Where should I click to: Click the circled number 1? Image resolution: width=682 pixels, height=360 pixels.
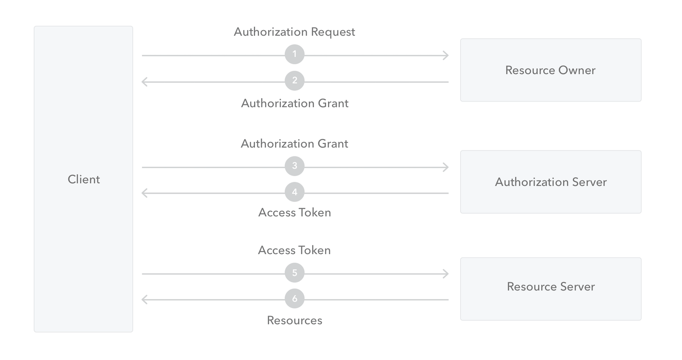coord(295,55)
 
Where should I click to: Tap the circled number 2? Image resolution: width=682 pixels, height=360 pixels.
coord(295,81)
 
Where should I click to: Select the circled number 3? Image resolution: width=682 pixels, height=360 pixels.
coord(295,166)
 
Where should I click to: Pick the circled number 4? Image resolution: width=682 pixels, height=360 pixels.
coord(295,192)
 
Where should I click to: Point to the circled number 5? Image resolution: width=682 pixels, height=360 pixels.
coord(295,273)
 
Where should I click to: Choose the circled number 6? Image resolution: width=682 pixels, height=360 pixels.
coord(295,299)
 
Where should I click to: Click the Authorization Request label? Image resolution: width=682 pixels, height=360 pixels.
coord(294,32)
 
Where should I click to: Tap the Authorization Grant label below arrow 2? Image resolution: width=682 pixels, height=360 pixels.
coord(295,104)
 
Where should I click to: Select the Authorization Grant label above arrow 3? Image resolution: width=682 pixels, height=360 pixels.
coord(294,144)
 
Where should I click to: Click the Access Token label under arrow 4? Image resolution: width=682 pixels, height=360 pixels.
coord(295,213)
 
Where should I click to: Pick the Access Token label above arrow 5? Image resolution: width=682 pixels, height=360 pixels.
coord(294,250)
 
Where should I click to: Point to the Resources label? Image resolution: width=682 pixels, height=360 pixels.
coord(295,320)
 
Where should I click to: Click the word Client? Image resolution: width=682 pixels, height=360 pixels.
coord(84,180)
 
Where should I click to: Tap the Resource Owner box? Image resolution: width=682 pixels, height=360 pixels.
coord(551,70)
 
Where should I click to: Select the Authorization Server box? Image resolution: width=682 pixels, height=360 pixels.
coord(551,182)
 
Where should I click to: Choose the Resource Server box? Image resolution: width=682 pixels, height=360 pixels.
coord(551,289)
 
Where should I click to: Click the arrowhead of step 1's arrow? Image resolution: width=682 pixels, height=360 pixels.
coord(446,55)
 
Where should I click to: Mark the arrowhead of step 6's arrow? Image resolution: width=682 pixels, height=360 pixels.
coord(145,300)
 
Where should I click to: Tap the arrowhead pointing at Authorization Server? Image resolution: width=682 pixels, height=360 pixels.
coord(446,167)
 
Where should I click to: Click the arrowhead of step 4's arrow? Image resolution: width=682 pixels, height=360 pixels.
coord(145,193)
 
